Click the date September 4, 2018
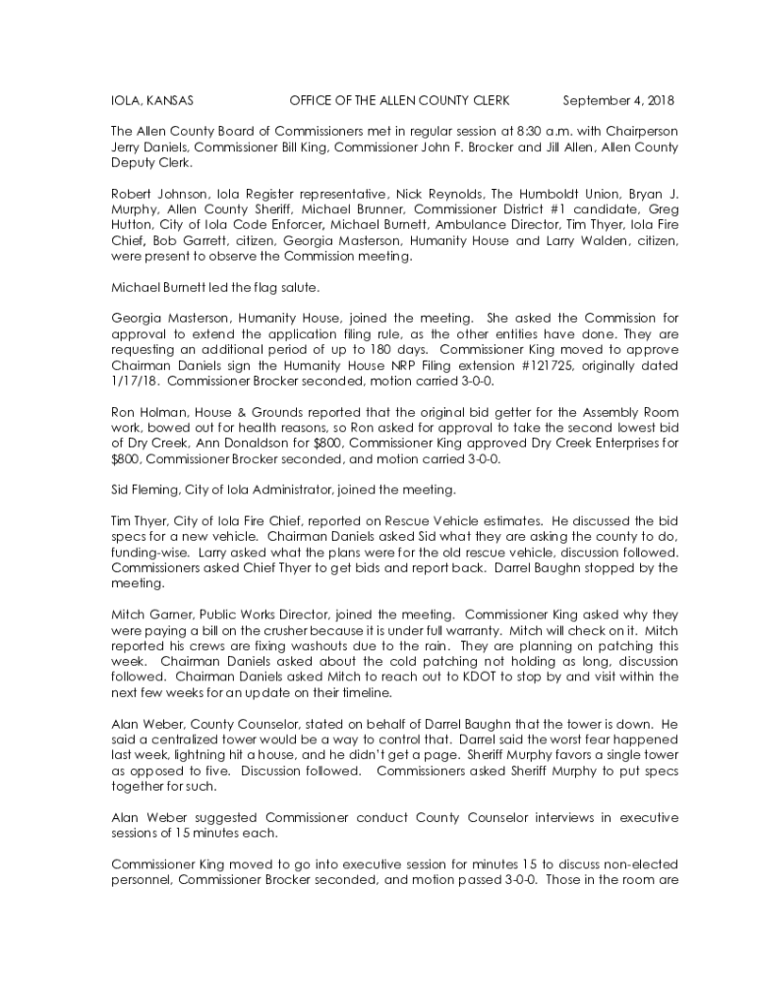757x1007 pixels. coord(618,101)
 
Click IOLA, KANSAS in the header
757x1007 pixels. coord(151,101)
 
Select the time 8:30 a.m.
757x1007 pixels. coord(497,130)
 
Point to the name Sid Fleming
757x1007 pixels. coord(146,489)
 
